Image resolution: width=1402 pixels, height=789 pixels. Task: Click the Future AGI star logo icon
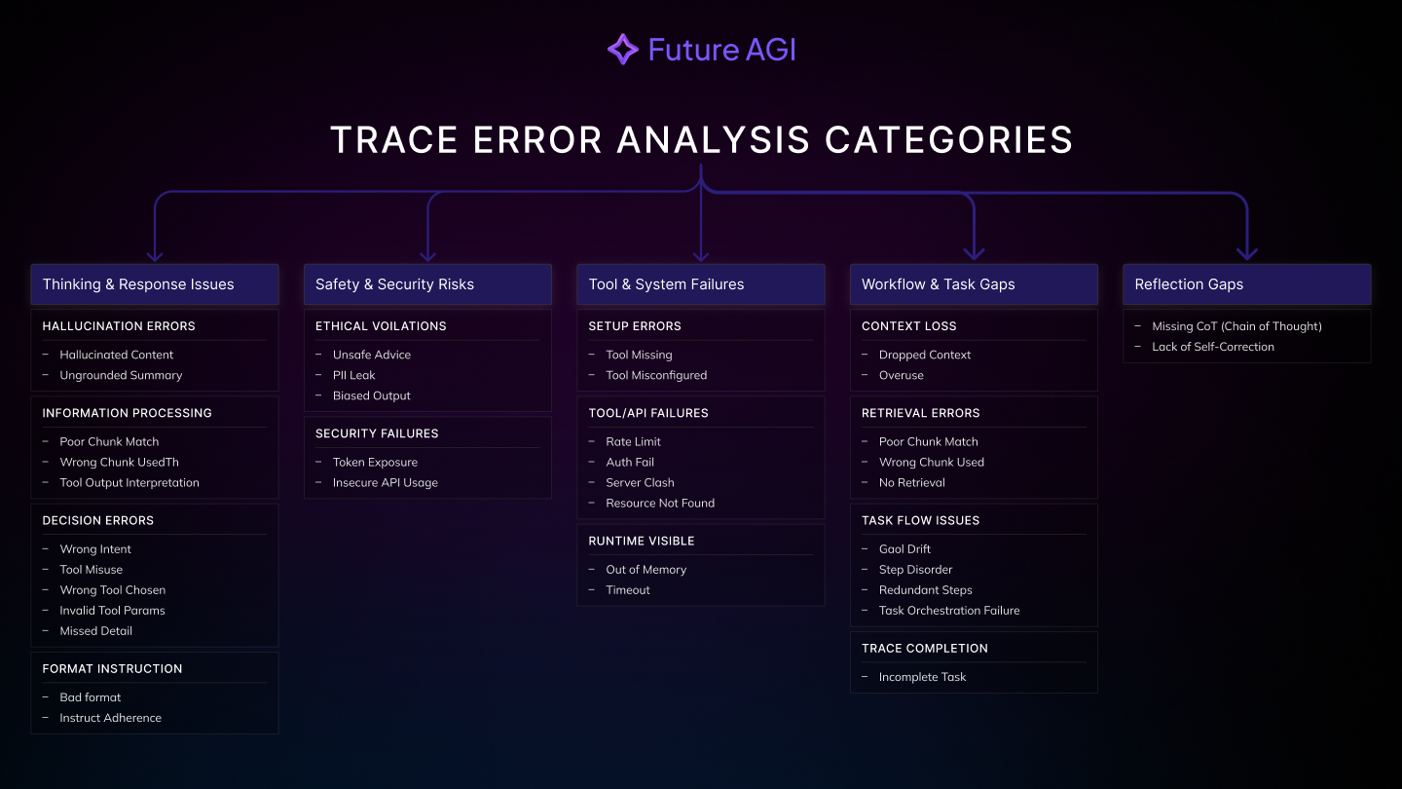click(x=623, y=50)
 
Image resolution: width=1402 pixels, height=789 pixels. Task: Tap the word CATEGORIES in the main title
click(x=949, y=139)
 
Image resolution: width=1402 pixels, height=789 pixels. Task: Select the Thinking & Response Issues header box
click(x=155, y=284)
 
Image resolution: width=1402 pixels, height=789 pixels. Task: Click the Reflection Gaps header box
click(x=1247, y=284)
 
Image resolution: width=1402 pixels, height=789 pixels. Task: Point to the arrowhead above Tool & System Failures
click(x=701, y=256)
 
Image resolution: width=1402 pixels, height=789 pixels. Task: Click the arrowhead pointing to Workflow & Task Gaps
click(x=974, y=253)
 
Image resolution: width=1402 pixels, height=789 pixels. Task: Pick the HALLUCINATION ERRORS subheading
click(x=119, y=326)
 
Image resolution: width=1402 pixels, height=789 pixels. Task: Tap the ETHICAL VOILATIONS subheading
click(x=381, y=326)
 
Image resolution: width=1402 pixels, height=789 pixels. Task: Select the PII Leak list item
click(x=353, y=375)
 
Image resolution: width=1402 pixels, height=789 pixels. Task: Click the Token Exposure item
click(x=375, y=462)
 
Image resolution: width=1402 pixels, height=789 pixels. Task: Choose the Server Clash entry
click(x=640, y=483)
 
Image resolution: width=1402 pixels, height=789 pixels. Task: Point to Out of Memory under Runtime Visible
click(x=646, y=570)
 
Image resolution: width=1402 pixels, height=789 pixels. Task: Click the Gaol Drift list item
click(x=904, y=549)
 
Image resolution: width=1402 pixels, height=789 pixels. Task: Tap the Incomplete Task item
click(x=922, y=677)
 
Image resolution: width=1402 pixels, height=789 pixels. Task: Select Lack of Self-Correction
click(x=1213, y=347)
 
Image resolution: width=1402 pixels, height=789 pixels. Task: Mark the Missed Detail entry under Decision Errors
click(x=95, y=631)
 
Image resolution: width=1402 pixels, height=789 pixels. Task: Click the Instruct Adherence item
click(x=110, y=718)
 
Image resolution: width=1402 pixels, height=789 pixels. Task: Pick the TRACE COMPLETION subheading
click(x=925, y=649)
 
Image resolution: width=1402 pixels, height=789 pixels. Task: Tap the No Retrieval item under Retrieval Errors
click(x=912, y=483)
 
